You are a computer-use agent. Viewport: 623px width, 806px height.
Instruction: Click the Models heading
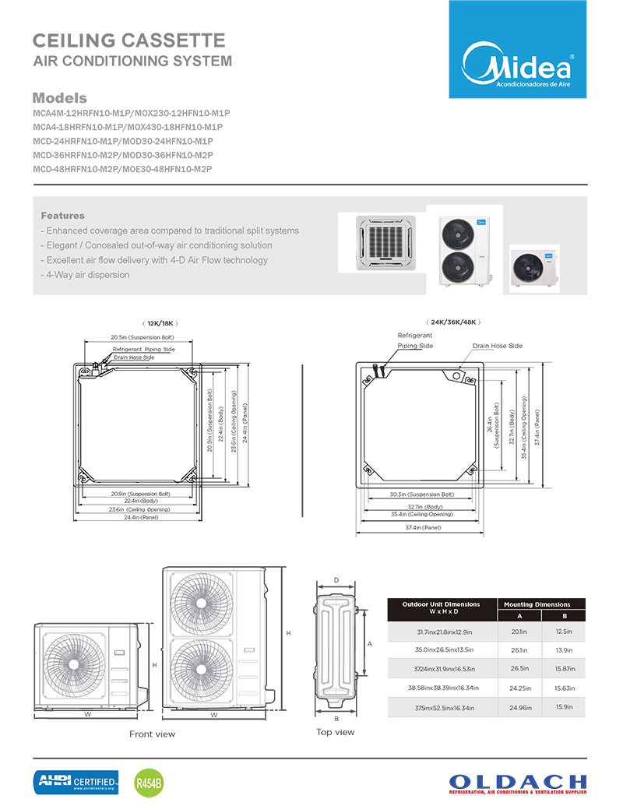pyautogui.click(x=59, y=99)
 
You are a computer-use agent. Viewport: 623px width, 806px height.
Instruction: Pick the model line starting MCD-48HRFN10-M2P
pyautogui.click(x=122, y=169)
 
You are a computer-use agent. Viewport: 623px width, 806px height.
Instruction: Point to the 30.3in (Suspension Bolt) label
pyautogui.click(x=421, y=495)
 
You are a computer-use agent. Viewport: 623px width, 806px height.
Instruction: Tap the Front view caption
pyautogui.click(x=152, y=734)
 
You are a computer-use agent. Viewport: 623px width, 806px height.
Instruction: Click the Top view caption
pyautogui.click(x=335, y=732)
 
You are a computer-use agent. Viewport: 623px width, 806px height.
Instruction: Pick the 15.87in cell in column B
pyautogui.click(x=564, y=669)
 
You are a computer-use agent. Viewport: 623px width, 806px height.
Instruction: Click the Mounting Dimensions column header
pyautogui.click(x=537, y=604)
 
